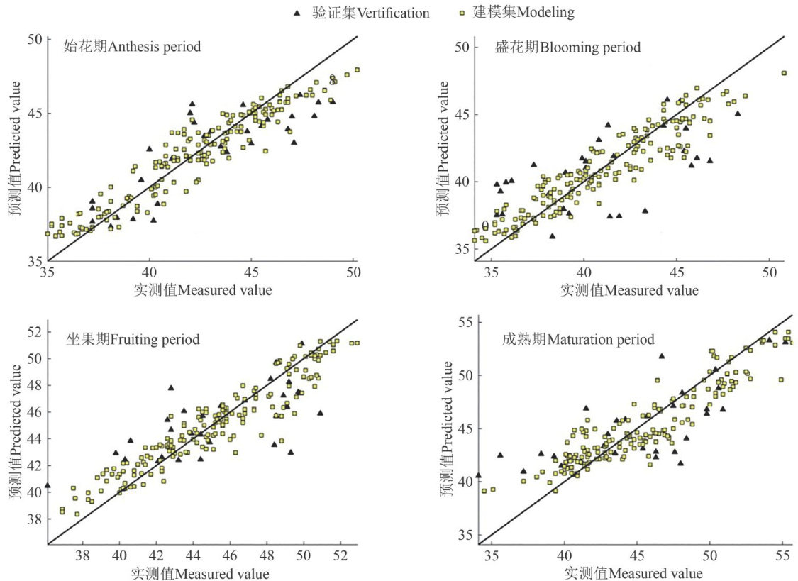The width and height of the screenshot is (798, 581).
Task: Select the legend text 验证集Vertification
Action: pyautogui.click(x=370, y=12)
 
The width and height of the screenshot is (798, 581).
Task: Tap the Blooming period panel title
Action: pyautogui.click(x=568, y=48)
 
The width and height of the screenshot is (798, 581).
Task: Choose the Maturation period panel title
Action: pyautogui.click(x=575, y=339)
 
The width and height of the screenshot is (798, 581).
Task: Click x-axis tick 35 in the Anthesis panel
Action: pyautogui.click(x=48, y=272)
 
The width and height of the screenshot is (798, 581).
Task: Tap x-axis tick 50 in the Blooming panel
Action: pyautogui.click(x=770, y=272)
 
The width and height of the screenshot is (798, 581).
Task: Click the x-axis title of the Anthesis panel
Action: pyautogui.click(x=203, y=289)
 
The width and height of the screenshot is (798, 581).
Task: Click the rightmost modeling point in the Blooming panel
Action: pyautogui.click(x=784, y=73)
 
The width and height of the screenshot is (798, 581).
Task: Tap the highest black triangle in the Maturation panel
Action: pyautogui.click(x=662, y=356)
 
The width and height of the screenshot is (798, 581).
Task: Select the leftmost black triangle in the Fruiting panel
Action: pyautogui.click(x=48, y=485)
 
